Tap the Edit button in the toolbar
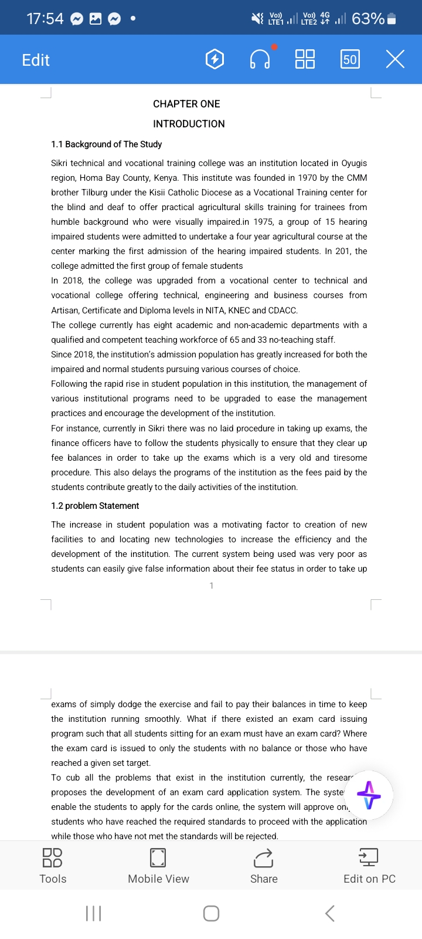click(x=36, y=60)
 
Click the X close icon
click(x=395, y=59)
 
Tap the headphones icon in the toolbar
click(x=260, y=59)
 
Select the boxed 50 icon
click(x=350, y=59)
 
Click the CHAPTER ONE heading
click(x=186, y=104)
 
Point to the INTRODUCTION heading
click(x=189, y=124)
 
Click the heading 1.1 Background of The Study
click(x=106, y=144)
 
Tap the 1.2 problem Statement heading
click(x=95, y=506)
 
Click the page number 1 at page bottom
click(x=212, y=586)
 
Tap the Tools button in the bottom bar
click(x=53, y=866)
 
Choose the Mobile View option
click(x=158, y=866)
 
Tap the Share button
click(x=264, y=866)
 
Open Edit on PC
click(x=369, y=866)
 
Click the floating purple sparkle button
click(x=369, y=795)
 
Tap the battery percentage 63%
click(x=368, y=19)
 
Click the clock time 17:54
click(x=45, y=19)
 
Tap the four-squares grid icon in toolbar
click(x=305, y=59)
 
